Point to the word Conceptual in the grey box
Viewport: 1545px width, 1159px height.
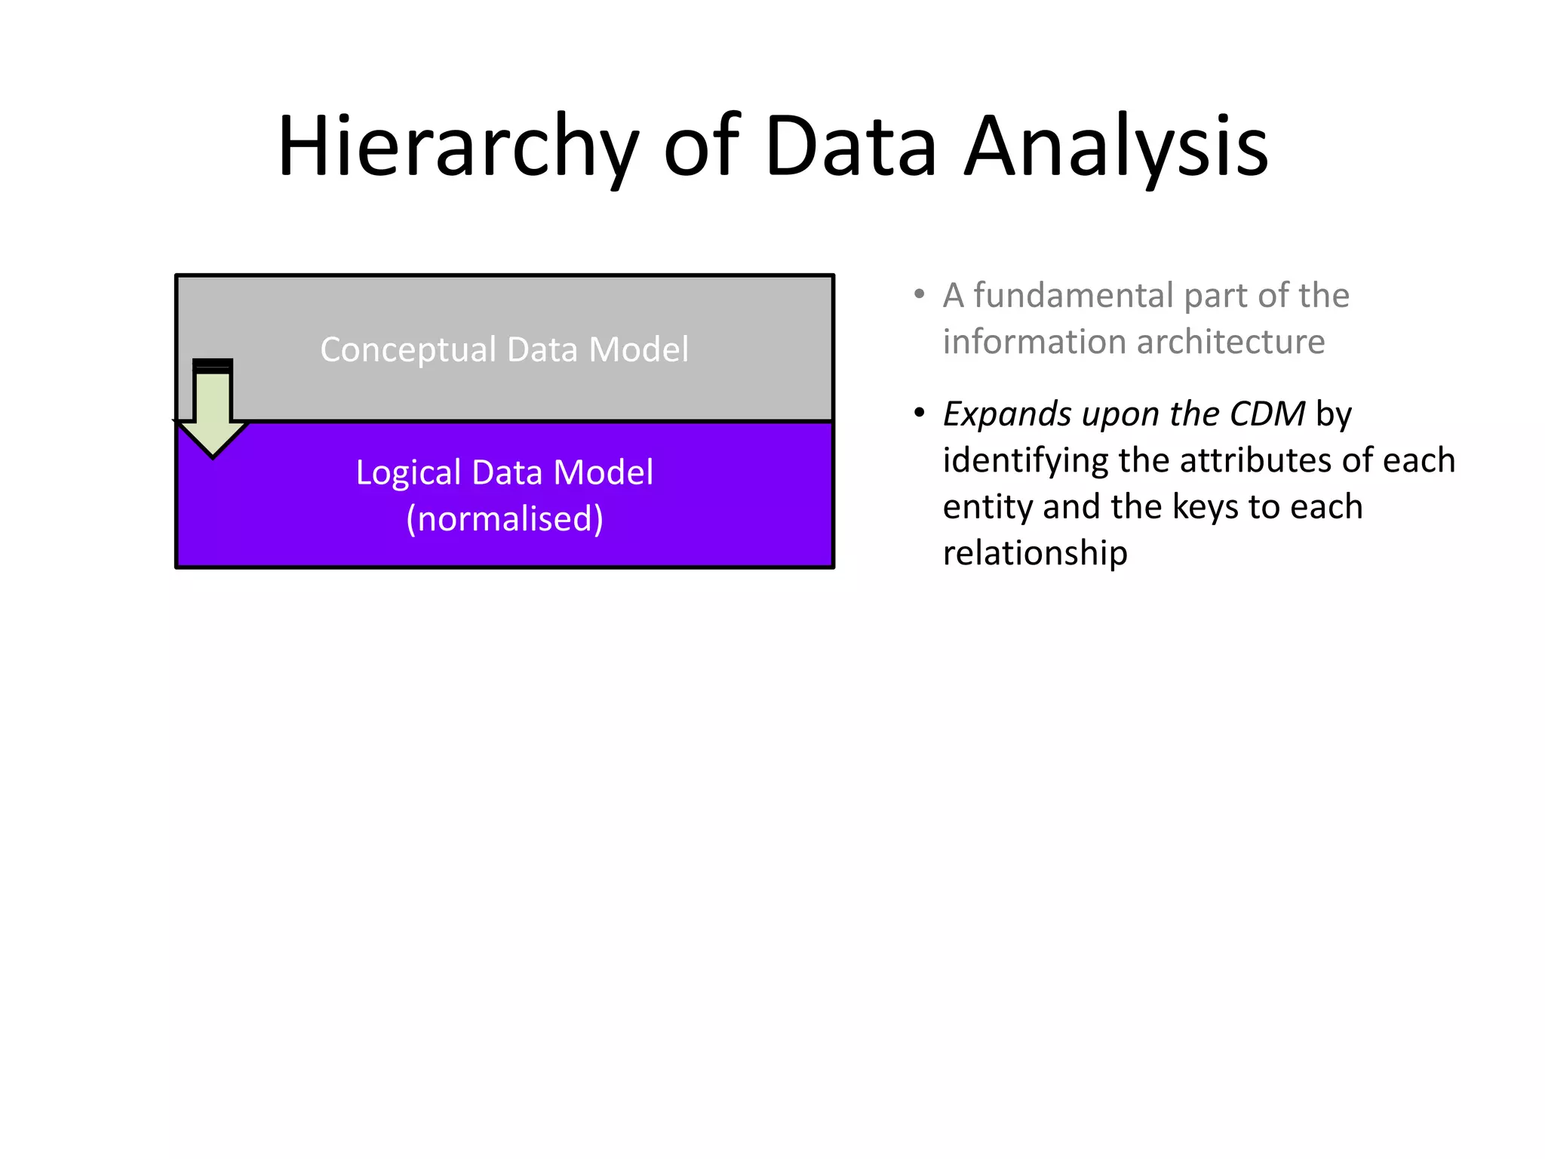click(x=408, y=350)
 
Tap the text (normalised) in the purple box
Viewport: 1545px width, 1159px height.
click(x=505, y=519)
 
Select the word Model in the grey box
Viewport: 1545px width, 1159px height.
click(x=638, y=350)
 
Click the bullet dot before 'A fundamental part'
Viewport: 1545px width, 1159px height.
click(x=919, y=294)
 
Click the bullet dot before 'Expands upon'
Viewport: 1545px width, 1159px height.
click(x=919, y=413)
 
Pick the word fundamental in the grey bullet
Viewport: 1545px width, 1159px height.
click(x=1074, y=295)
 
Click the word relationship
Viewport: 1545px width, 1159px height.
click(x=1035, y=553)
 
